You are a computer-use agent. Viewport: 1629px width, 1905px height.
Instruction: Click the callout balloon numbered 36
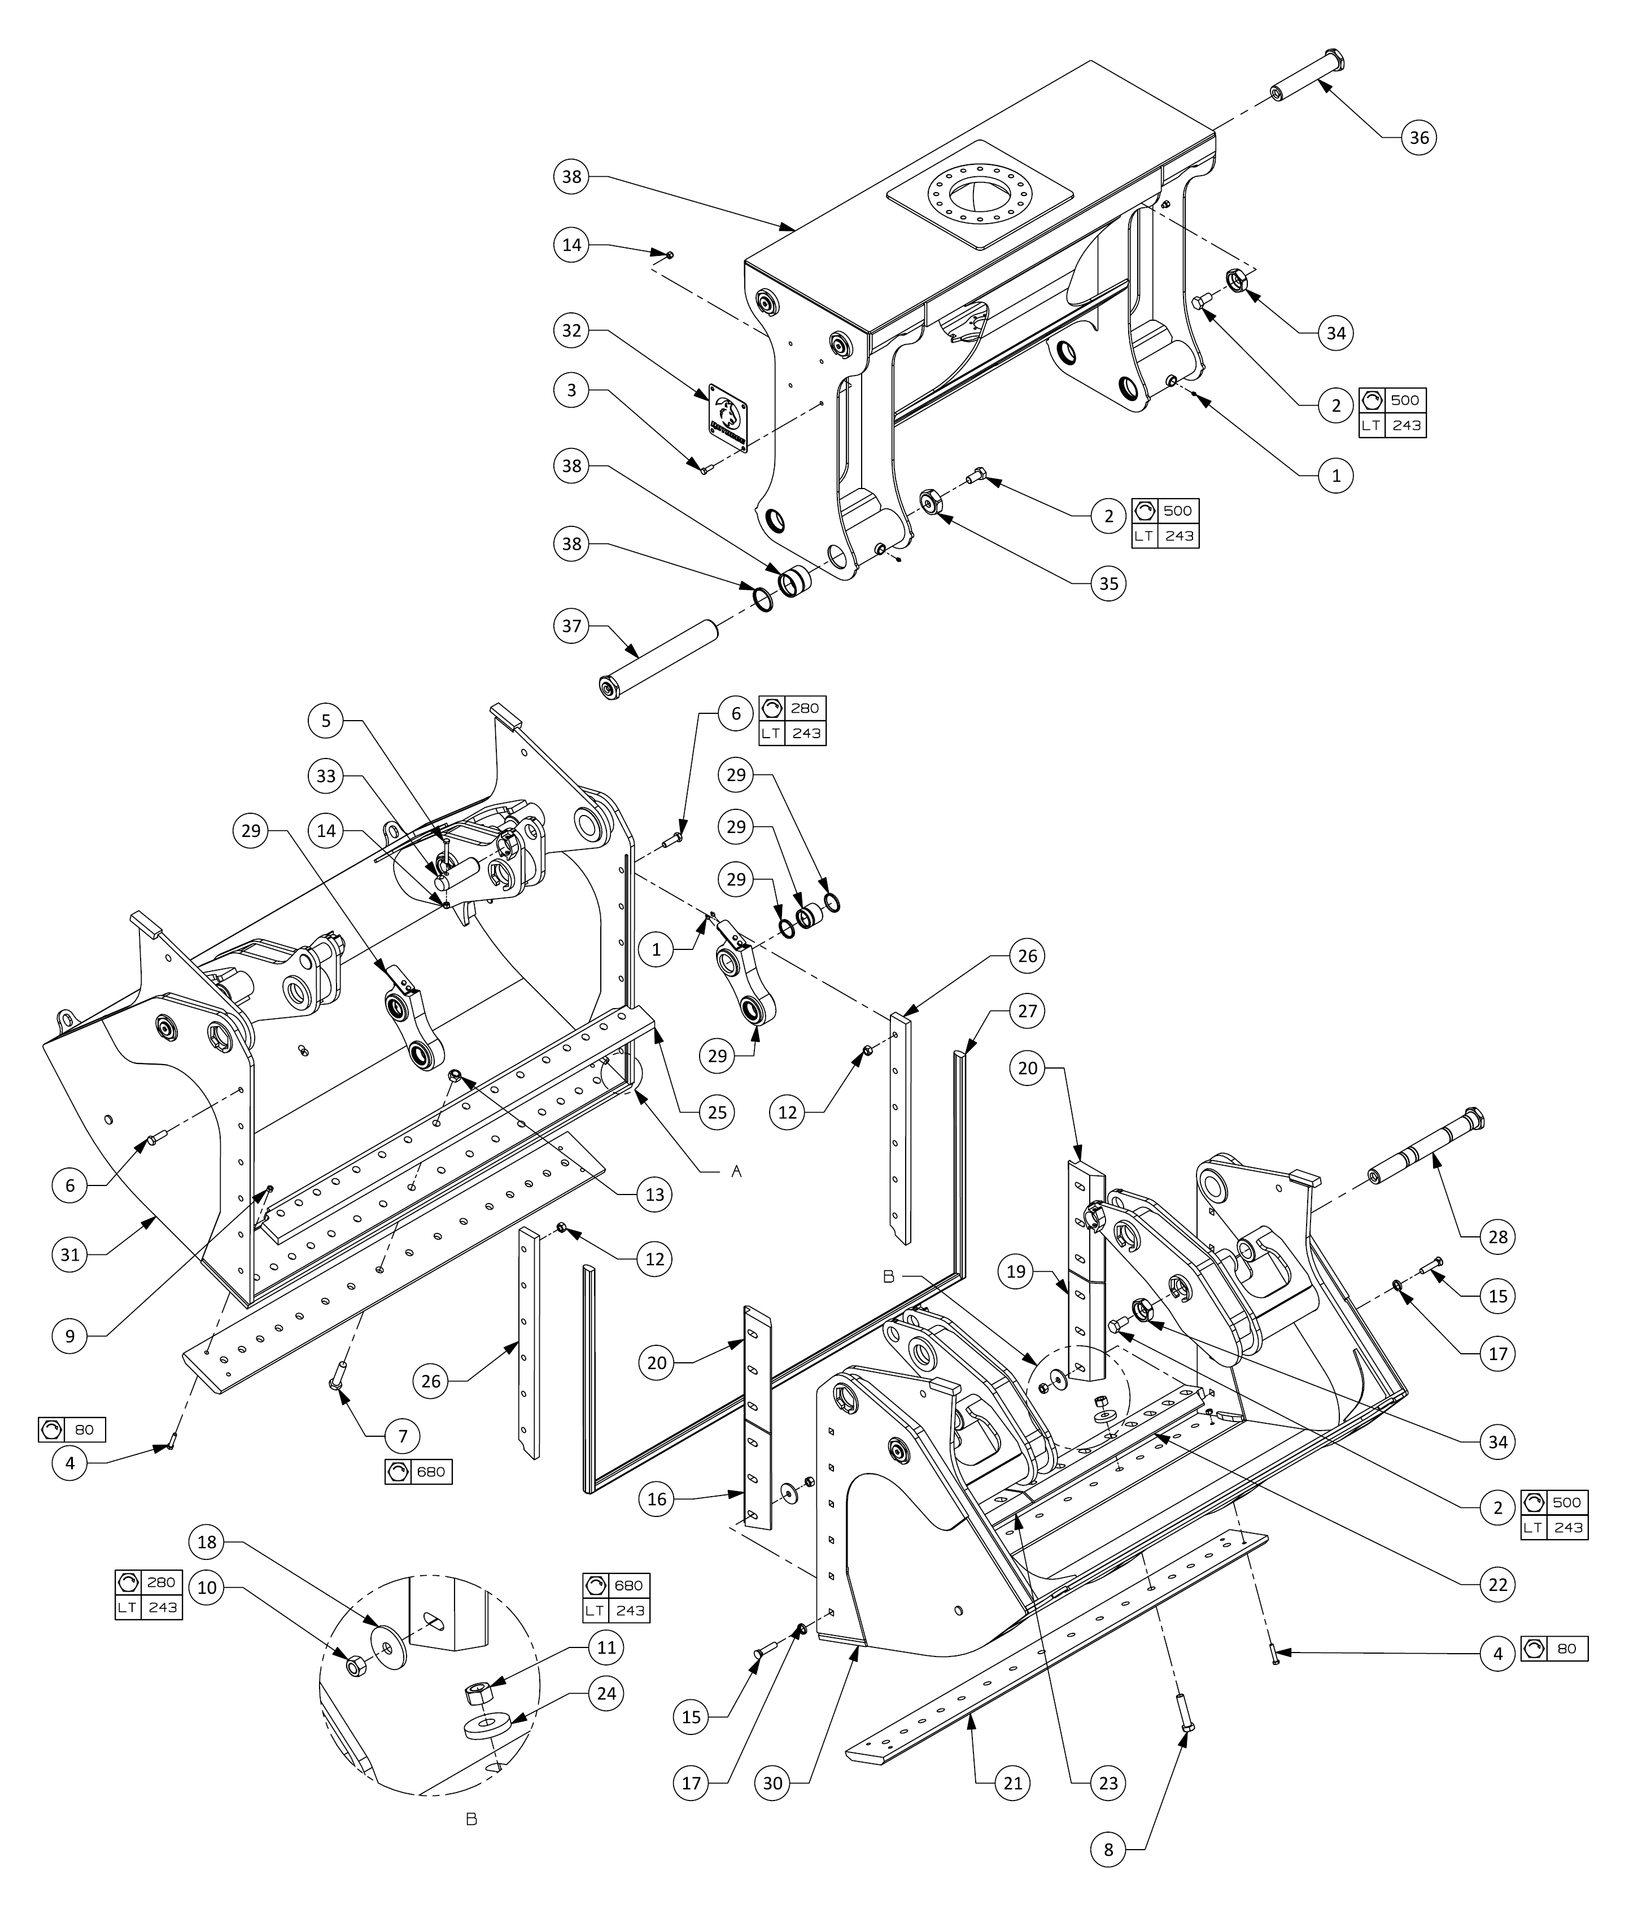(1420, 138)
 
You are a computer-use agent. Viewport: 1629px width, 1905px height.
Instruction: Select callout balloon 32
(572, 330)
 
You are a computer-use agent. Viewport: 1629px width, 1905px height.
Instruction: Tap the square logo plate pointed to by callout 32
(727, 419)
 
